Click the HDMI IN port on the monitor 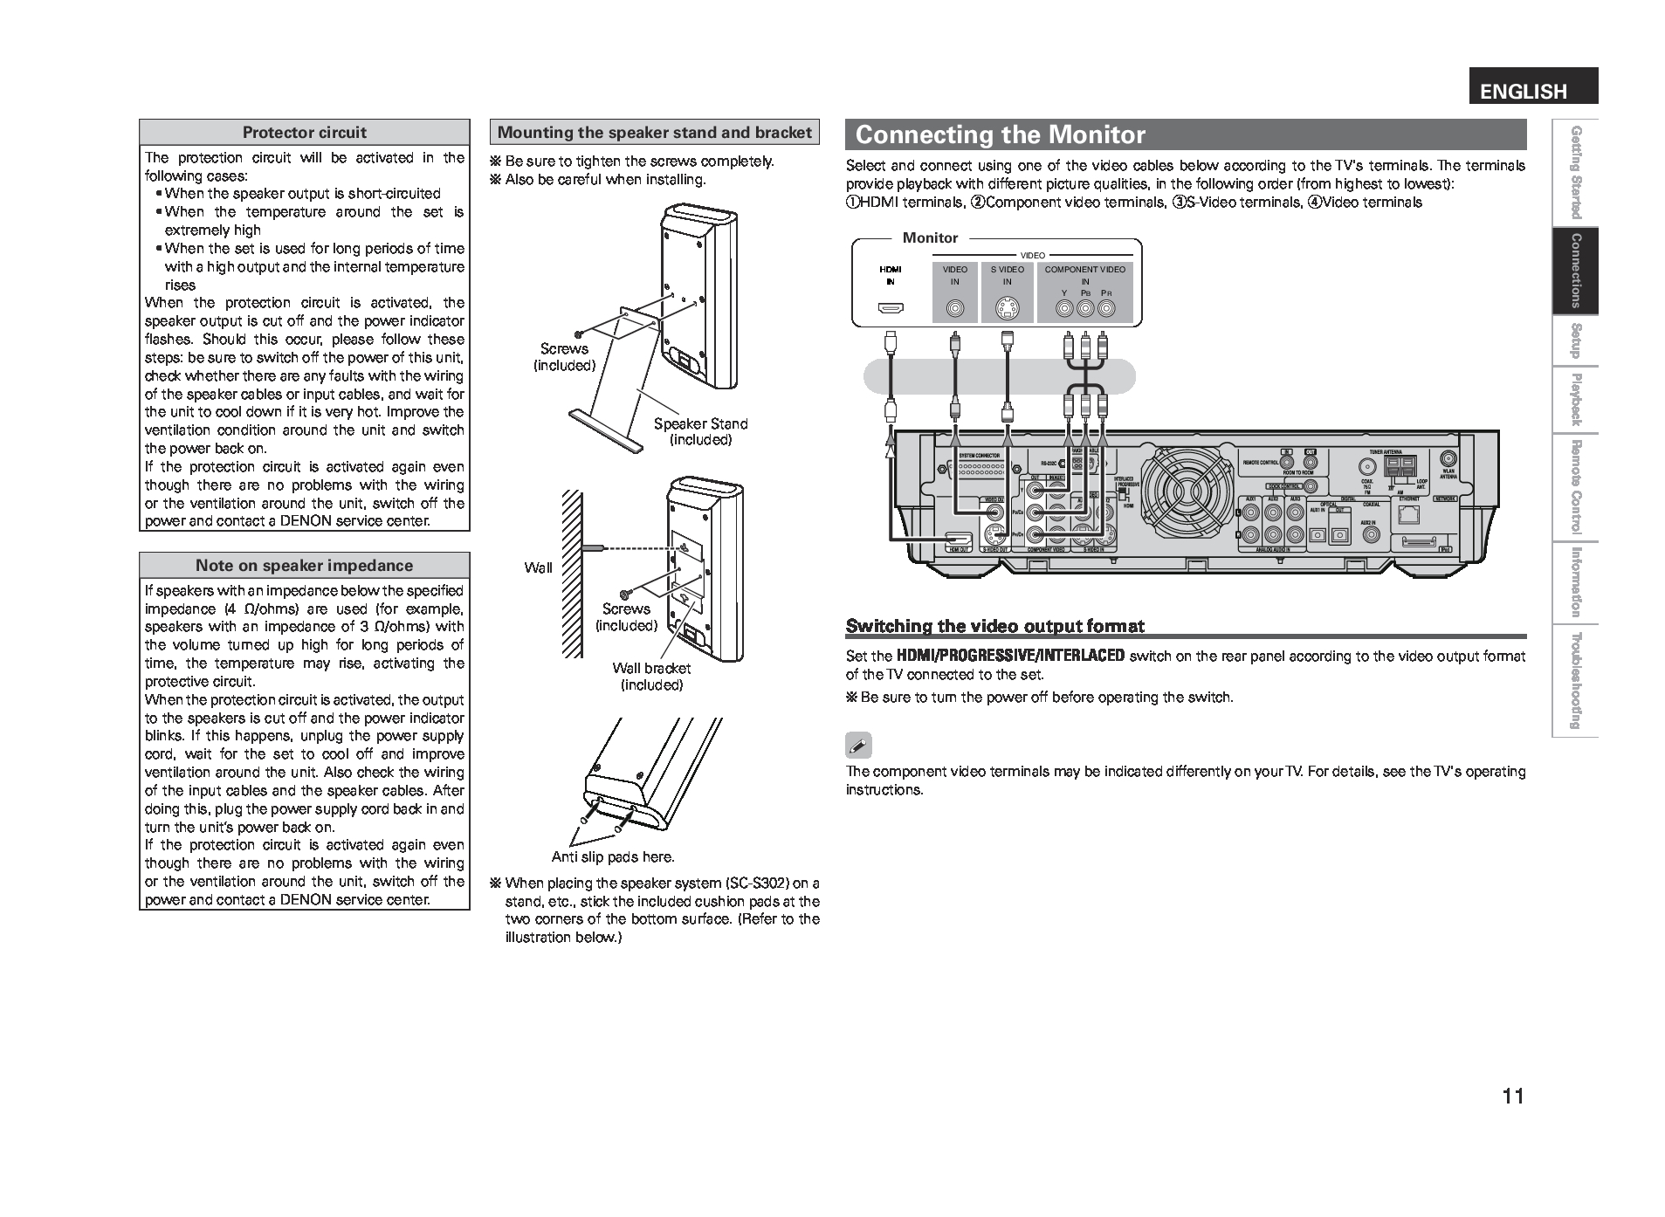891,307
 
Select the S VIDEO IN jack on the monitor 1007,308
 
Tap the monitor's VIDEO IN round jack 956,308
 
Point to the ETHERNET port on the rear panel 1407,514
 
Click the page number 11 1513,1097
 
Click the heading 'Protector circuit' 304,133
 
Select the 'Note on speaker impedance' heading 304,565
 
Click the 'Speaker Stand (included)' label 700,431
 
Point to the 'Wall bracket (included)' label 651,676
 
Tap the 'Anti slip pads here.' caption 613,856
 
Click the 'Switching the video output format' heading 994,625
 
